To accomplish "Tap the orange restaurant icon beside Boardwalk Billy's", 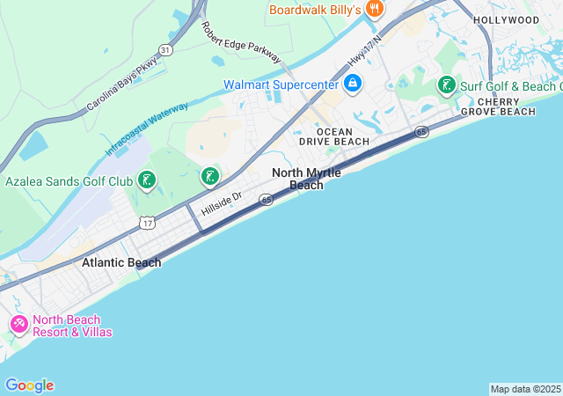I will pos(376,9).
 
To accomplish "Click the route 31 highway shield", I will pos(166,50).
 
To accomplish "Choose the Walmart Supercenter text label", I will pos(281,84).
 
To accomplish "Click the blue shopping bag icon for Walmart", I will pos(353,84).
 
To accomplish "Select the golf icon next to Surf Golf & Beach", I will pos(447,85).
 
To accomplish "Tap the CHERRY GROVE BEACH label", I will pos(506,106).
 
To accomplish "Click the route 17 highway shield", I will pos(147,223).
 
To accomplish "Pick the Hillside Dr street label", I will pos(221,206).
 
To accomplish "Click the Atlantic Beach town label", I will pos(121,262).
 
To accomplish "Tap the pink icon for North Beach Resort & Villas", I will pos(18,325).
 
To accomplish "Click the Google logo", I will pos(29,385).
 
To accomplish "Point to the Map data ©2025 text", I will pos(524,389).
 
